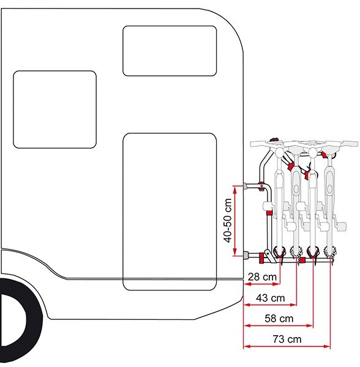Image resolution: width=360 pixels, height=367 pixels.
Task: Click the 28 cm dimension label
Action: click(x=262, y=277)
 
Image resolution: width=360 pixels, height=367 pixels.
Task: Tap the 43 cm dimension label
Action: click(x=270, y=298)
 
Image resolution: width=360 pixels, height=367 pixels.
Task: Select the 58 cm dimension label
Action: click(x=279, y=319)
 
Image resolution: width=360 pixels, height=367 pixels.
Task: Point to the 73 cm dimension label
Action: click(x=287, y=339)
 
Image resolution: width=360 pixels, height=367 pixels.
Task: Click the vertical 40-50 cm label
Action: click(x=228, y=220)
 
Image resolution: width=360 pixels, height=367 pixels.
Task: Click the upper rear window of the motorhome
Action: click(x=170, y=51)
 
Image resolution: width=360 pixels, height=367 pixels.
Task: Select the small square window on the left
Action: click(x=54, y=109)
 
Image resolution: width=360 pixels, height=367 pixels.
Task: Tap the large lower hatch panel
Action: click(x=170, y=212)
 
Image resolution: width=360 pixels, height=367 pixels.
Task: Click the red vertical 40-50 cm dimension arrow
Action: click(x=235, y=221)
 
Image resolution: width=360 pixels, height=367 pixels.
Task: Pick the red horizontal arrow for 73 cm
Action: click(x=287, y=346)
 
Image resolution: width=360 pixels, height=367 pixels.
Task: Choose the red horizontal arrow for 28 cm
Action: click(x=262, y=284)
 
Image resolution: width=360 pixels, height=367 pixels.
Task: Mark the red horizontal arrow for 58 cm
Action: click(x=279, y=325)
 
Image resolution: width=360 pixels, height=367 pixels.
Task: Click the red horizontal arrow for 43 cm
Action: click(x=270, y=305)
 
